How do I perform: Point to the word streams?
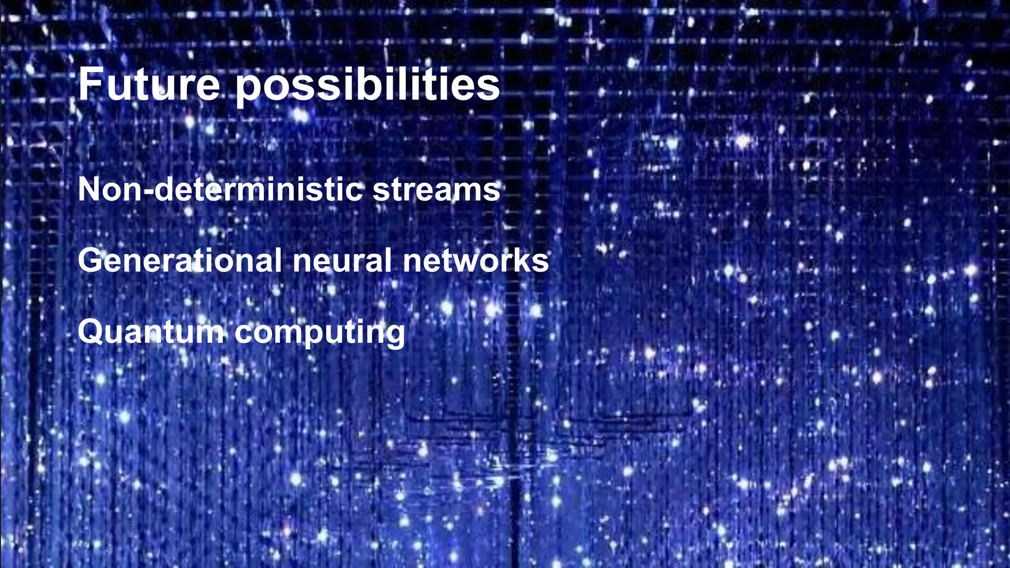(x=436, y=190)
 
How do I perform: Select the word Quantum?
(x=151, y=331)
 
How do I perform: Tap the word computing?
(x=320, y=333)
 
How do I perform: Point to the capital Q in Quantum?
(x=90, y=332)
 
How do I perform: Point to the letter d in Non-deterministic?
(x=164, y=189)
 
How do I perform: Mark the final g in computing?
(x=394, y=335)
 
